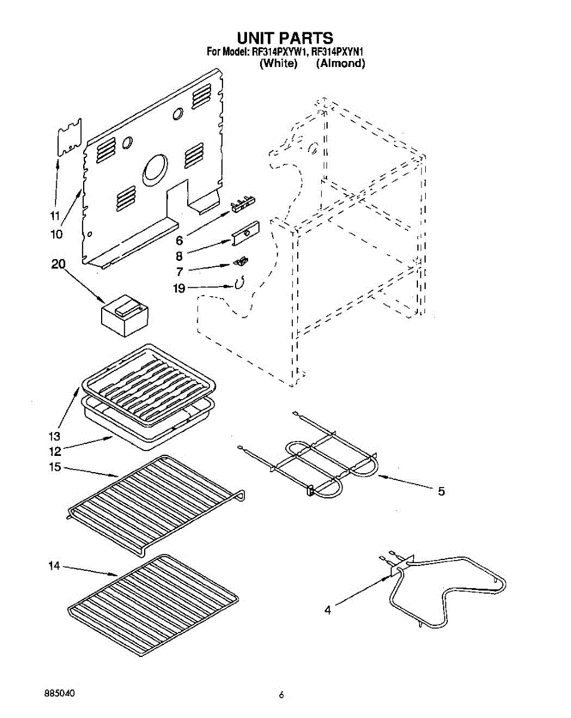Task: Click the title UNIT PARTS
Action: (285, 39)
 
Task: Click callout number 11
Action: (54, 216)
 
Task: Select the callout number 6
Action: (179, 241)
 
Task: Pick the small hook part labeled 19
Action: (239, 284)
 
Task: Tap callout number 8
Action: (179, 256)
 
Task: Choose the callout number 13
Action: (55, 435)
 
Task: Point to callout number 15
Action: (55, 467)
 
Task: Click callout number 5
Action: (441, 492)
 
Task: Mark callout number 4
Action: (328, 610)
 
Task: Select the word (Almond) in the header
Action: (340, 63)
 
